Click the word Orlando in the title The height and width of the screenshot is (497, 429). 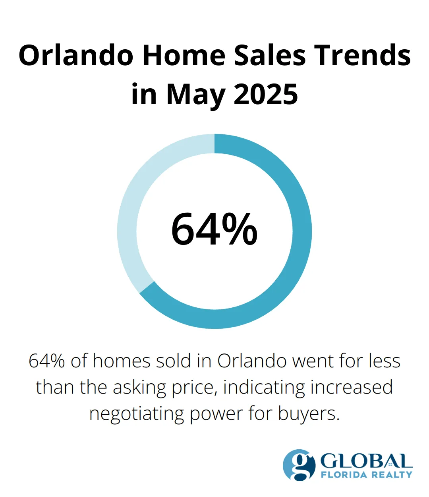click(75, 55)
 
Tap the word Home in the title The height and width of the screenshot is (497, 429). click(184, 55)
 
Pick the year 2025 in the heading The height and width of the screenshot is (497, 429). click(265, 95)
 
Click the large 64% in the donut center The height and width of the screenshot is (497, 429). click(214, 229)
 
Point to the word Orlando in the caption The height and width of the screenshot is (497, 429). click(252, 361)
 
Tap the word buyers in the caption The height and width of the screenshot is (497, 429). click(309, 414)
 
